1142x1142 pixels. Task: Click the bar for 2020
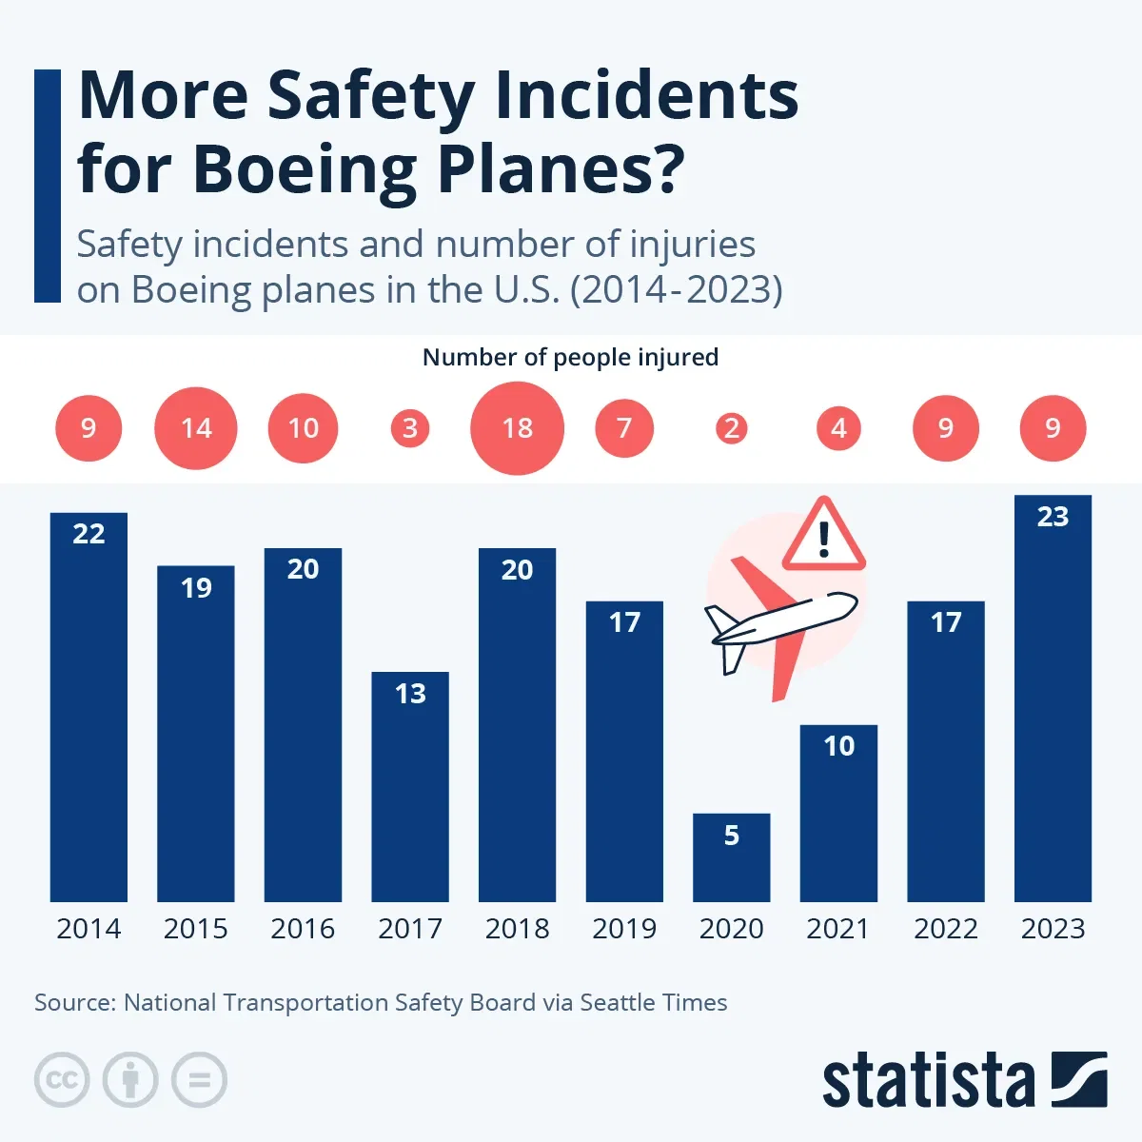point(731,857)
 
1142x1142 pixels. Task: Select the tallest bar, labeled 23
point(1053,699)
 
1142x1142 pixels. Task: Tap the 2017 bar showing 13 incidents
point(410,787)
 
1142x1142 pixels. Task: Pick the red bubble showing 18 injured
point(517,428)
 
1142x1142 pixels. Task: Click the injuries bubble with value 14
point(196,428)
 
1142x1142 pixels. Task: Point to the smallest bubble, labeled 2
point(731,428)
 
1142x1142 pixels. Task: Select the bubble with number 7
point(624,428)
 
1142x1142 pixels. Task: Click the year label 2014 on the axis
point(89,929)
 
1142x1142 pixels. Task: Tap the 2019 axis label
point(624,929)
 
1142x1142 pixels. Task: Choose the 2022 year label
point(946,929)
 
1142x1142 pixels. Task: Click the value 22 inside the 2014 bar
point(89,534)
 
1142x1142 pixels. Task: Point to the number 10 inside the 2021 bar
point(838,746)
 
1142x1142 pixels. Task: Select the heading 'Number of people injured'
point(570,358)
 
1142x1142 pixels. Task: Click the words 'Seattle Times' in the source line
point(653,1003)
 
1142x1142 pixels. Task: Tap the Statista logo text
point(928,1081)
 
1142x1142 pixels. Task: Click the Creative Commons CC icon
point(62,1080)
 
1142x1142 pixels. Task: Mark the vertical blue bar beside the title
point(47,186)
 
